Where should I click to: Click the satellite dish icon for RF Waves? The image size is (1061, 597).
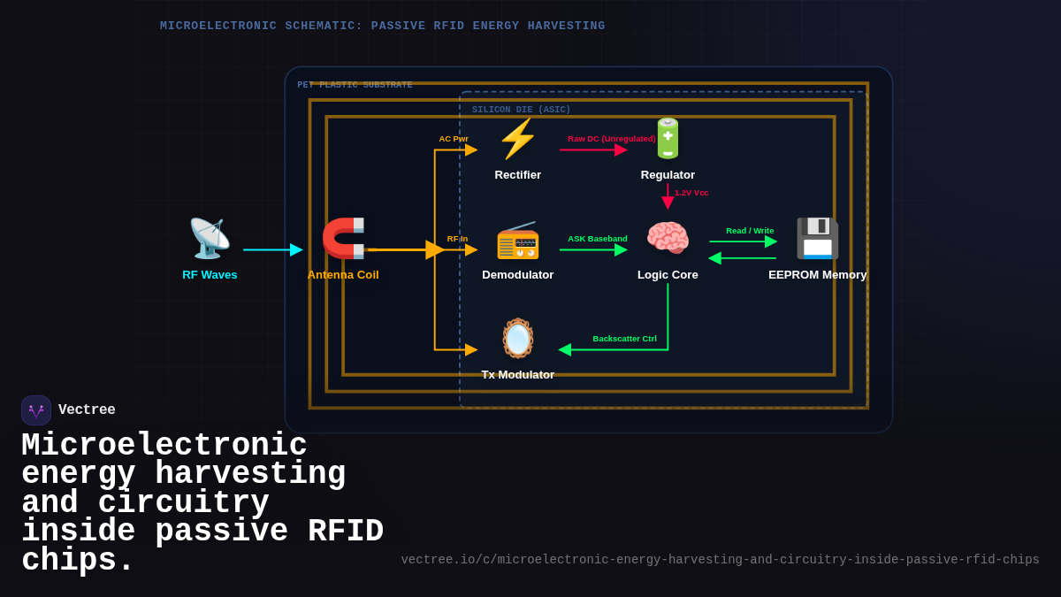tap(210, 238)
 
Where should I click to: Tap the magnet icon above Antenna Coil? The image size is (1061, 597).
tap(343, 238)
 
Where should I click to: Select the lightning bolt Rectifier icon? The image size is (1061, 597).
tap(518, 139)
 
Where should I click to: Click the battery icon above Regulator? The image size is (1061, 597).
tap(668, 139)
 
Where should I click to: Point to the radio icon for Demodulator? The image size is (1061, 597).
tap(518, 239)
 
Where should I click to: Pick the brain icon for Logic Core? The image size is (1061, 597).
tap(668, 239)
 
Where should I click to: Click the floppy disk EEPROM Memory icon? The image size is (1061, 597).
tap(817, 239)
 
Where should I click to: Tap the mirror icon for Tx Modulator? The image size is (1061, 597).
tap(518, 339)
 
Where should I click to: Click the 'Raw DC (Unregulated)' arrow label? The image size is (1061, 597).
tap(612, 139)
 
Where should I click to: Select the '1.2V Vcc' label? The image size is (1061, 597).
tap(691, 193)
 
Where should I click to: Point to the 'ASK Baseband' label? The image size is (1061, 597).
tap(598, 239)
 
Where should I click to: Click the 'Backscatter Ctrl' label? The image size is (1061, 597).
tap(624, 339)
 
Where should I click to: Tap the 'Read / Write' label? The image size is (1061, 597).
tap(750, 231)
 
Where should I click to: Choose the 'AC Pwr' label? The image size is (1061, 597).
tap(454, 139)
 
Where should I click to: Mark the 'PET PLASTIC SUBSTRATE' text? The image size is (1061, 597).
tap(355, 85)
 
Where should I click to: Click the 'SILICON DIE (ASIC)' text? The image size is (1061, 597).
tap(521, 110)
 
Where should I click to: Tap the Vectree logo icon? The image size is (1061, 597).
tap(36, 410)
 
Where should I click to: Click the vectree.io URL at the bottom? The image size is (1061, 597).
tap(720, 560)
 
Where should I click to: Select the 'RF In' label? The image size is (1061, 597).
tap(457, 239)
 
